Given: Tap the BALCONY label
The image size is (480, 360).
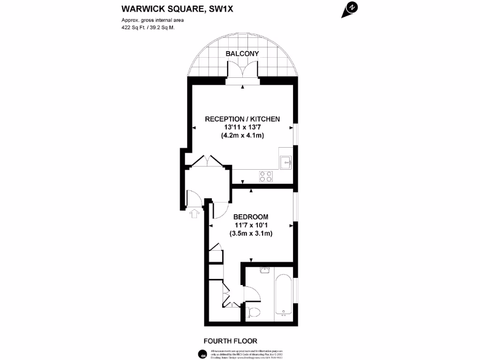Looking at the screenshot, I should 242,54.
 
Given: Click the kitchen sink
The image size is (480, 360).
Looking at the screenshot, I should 285,162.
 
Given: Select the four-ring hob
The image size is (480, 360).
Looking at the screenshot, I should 266,176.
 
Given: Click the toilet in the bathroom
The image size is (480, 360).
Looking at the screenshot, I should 255,312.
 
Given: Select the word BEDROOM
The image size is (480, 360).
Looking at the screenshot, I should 251,217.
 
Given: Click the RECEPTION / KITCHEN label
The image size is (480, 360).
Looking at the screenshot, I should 242,119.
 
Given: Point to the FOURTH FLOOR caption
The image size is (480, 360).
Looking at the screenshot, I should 230,341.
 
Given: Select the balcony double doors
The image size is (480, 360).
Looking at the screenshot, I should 243,72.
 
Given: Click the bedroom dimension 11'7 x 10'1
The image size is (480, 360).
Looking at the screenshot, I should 251,225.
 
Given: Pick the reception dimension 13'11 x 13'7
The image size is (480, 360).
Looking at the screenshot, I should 242,127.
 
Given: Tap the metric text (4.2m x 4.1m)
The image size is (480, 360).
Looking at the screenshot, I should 242,136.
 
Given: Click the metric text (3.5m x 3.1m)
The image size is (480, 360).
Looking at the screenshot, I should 251,233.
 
